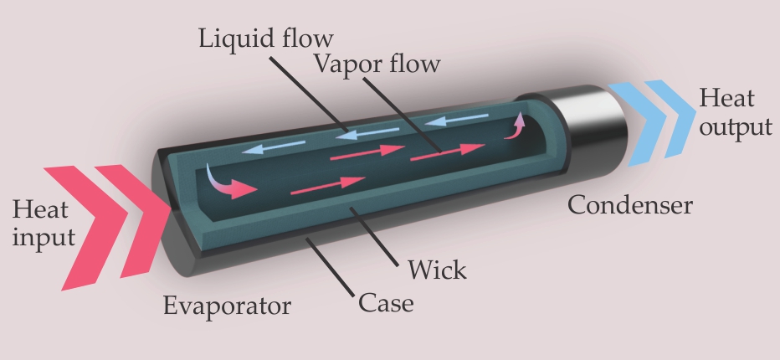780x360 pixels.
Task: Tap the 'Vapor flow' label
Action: (x=376, y=64)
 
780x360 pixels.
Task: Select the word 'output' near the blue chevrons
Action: (x=736, y=127)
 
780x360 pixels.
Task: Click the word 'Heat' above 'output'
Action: (x=726, y=99)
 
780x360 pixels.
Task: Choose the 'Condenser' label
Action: (x=629, y=204)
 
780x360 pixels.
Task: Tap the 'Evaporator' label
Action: (x=227, y=306)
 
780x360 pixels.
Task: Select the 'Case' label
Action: (x=386, y=301)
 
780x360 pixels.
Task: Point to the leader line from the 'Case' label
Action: (x=330, y=268)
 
